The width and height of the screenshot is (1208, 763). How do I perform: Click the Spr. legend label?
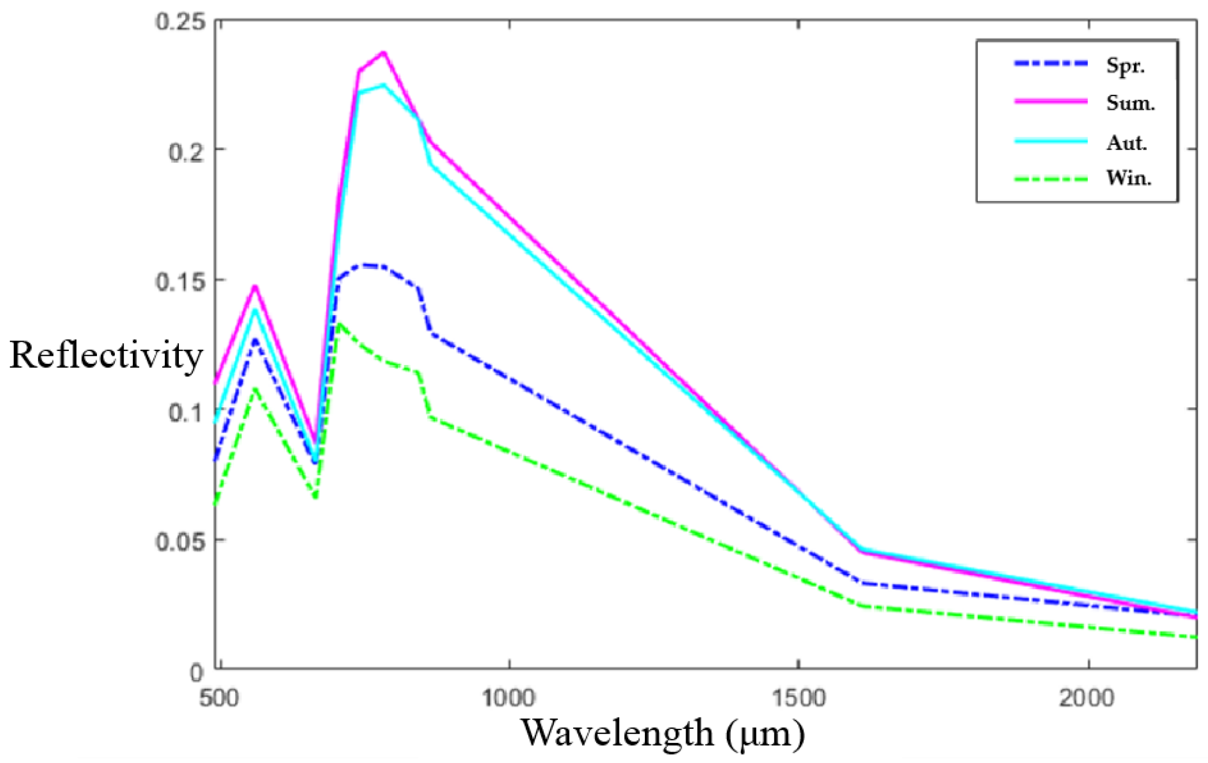tap(1125, 66)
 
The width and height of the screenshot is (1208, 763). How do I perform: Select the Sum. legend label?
tap(1130, 102)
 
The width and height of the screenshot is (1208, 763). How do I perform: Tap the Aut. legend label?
tap(1127, 143)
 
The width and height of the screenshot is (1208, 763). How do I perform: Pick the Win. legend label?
tap(1128, 178)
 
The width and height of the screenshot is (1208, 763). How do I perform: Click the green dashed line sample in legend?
tap(1051, 179)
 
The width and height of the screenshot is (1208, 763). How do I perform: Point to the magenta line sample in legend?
tap(1051, 101)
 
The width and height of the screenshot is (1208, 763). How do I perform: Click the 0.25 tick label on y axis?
tap(180, 22)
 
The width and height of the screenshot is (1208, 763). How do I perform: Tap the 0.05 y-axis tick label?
tap(180, 542)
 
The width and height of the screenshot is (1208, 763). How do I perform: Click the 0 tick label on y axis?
tap(196, 673)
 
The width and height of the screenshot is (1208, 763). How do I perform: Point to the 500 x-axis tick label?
tap(218, 698)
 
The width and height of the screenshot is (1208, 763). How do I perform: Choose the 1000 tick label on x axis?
tap(508, 698)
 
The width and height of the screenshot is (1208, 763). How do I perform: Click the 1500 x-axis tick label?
tap(798, 698)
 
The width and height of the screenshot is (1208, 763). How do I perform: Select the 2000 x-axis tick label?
tap(1087, 698)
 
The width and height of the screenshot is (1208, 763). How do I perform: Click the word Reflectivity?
tap(106, 356)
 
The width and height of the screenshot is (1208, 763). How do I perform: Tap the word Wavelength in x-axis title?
tap(617, 733)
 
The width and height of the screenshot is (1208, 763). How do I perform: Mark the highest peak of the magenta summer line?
tap(384, 53)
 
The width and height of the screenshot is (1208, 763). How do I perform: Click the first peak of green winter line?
tap(255, 389)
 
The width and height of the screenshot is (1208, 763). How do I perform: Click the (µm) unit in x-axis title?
tap(765, 734)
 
